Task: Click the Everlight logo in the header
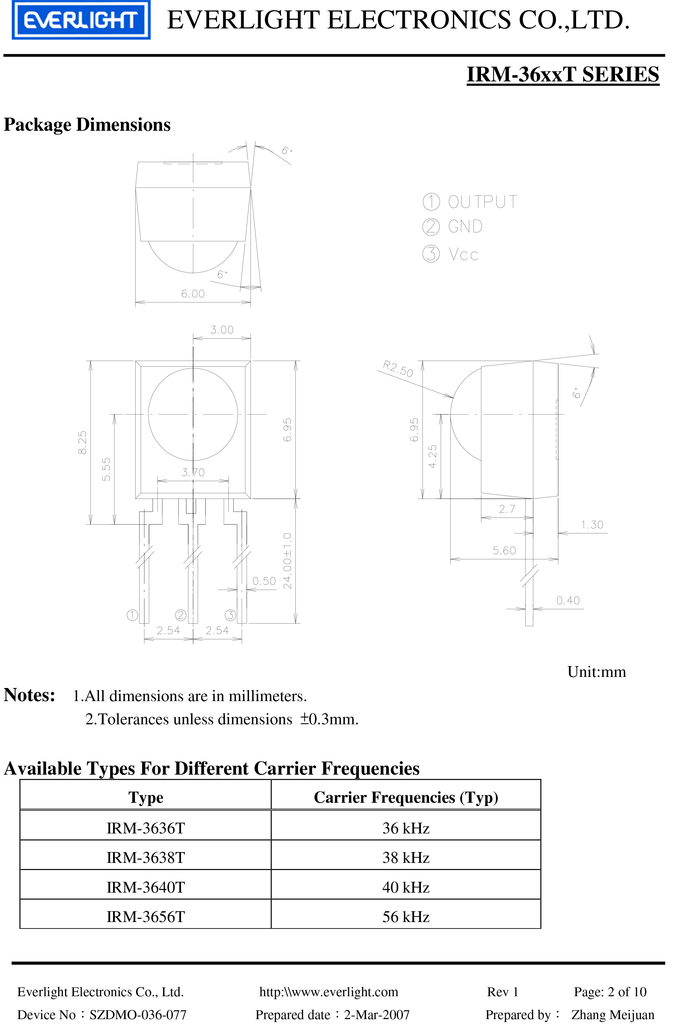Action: click(x=81, y=20)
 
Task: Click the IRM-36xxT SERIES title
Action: click(x=563, y=74)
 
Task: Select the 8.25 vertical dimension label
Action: click(x=82, y=442)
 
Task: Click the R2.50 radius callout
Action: click(x=398, y=369)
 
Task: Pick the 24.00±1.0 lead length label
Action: click(x=287, y=561)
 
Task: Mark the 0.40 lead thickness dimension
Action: click(x=568, y=600)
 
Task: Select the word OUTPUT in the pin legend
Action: click(x=483, y=202)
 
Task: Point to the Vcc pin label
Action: click(x=463, y=255)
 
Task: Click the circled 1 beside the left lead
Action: click(x=132, y=615)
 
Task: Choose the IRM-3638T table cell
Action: click(x=145, y=857)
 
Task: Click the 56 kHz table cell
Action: click(x=406, y=916)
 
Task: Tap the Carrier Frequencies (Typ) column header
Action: click(x=406, y=797)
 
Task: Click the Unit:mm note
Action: click(x=596, y=672)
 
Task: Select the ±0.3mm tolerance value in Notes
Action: click(x=329, y=719)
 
